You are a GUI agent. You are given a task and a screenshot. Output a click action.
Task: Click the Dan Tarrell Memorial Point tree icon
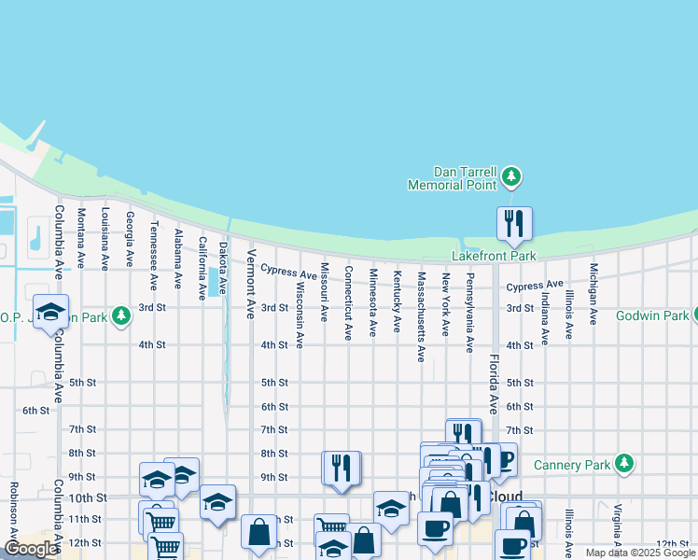510,175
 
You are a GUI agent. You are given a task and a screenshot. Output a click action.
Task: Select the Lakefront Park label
495,256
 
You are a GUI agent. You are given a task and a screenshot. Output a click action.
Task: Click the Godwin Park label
650,315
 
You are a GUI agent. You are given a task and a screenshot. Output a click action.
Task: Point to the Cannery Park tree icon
624,464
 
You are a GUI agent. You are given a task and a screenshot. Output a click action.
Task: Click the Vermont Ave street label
251,283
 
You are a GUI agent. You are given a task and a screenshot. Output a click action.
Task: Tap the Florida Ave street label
494,384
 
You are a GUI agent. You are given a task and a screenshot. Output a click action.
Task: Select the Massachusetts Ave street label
421,316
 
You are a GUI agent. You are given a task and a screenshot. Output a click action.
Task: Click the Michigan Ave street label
593,294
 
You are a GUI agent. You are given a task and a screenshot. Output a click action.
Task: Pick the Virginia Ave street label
617,527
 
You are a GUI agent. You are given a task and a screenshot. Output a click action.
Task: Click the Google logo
31,549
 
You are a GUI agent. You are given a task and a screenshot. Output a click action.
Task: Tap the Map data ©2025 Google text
639,553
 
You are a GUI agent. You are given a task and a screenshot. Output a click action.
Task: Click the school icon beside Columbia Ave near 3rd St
51,311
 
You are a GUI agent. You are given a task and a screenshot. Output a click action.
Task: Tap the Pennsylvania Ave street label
470,313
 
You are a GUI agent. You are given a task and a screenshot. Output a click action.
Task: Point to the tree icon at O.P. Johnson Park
120,315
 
